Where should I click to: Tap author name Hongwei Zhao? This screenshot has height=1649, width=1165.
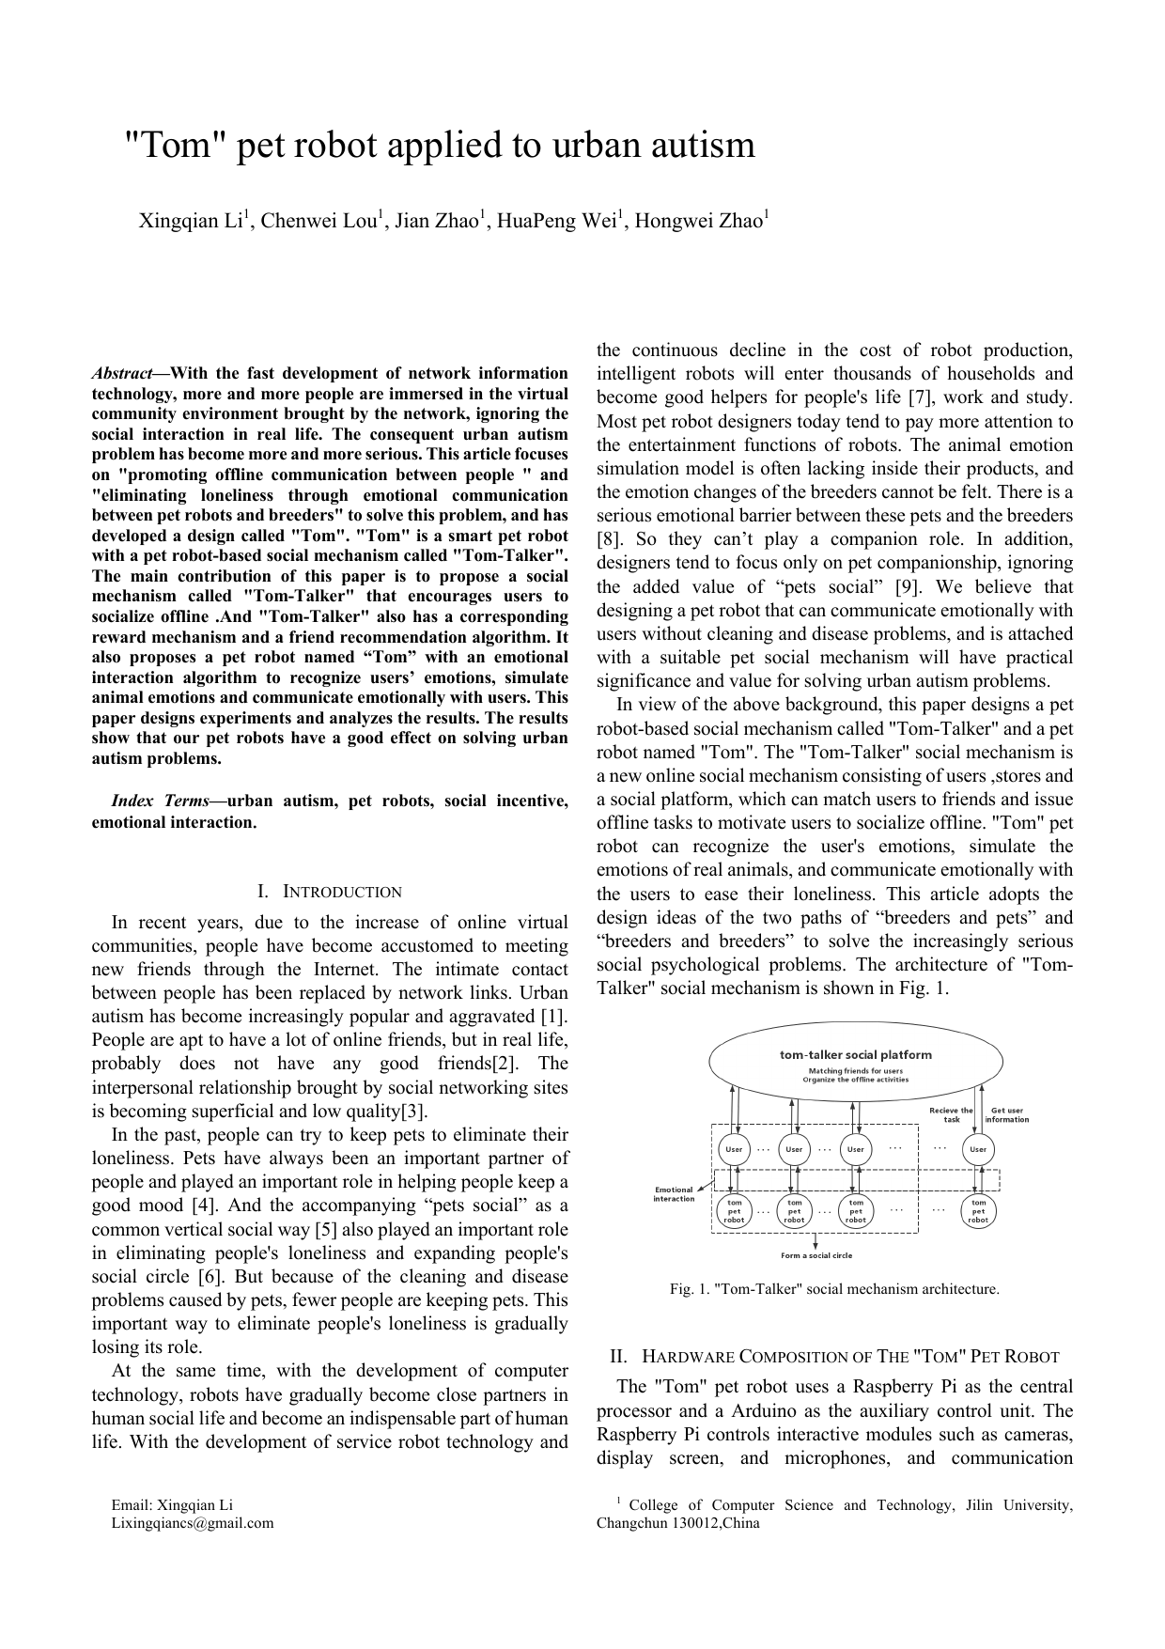pyautogui.click(x=699, y=222)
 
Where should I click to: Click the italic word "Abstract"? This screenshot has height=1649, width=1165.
pyautogui.click(x=122, y=374)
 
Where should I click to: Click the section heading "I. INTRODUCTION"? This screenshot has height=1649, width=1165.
pyautogui.click(x=329, y=892)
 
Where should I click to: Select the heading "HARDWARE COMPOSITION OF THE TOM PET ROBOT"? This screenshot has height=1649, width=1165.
pyautogui.click(x=850, y=1357)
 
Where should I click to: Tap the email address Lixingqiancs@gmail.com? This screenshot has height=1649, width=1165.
pyautogui.click(x=193, y=1523)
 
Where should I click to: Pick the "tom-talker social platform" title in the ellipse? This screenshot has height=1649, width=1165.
pyautogui.click(x=856, y=1054)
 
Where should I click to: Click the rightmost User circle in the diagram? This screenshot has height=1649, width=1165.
pyautogui.click(x=978, y=1149)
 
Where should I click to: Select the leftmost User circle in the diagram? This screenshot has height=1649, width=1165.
pyautogui.click(x=734, y=1149)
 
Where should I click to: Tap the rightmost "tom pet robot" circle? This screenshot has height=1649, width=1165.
pyautogui.click(x=978, y=1211)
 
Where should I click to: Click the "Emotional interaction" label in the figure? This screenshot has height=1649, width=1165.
pyautogui.click(x=674, y=1194)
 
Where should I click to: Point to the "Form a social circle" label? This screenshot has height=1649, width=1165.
pyautogui.click(x=816, y=1255)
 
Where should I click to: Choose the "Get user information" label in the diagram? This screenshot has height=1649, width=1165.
pyautogui.click(x=1006, y=1114)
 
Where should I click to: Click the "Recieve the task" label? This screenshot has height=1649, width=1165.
pyautogui.click(x=951, y=1114)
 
